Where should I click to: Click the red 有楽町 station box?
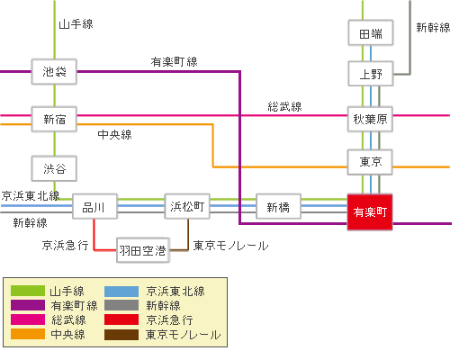click(x=370, y=212)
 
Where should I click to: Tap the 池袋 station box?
click(x=54, y=71)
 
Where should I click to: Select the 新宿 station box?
click(x=54, y=119)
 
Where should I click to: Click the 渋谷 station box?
click(x=54, y=167)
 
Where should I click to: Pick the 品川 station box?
click(x=94, y=207)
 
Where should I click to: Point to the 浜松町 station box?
click(x=187, y=207)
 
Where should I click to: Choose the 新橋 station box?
click(x=278, y=207)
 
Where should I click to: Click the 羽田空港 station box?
click(x=142, y=250)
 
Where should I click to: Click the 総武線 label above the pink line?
click(x=284, y=106)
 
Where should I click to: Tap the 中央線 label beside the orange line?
click(x=114, y=135)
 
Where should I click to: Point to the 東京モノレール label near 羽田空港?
click(x=230, y=245)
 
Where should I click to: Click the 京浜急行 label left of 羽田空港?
click(x=65, y=245)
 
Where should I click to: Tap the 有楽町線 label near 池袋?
click(x=175, y=61)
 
